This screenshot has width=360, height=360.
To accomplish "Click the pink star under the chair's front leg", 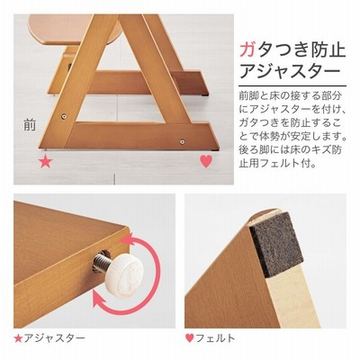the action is (46, 162).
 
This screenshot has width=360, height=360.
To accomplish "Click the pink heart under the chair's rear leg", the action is (206, 161).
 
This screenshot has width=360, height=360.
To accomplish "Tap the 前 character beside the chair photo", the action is (30, 125).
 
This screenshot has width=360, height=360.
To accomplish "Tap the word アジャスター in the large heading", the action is (290, 72).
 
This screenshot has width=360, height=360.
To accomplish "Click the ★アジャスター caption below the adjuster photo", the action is (49, 338).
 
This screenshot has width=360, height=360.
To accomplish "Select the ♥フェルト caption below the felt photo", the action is (210, 338).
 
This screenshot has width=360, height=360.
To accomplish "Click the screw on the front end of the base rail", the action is (63, 116).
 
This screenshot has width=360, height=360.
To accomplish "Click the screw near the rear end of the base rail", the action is (182, 141).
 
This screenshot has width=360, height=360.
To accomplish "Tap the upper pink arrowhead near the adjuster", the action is (126, 240).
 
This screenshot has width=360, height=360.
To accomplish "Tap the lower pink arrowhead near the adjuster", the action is (100, 301).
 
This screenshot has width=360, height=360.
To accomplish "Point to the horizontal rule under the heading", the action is (292, 86).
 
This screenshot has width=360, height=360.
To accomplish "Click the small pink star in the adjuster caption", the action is (18, 338).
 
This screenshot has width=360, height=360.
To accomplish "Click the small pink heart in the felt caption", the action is (189, 338).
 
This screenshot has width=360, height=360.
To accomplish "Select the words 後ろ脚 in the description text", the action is (255, 150).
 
